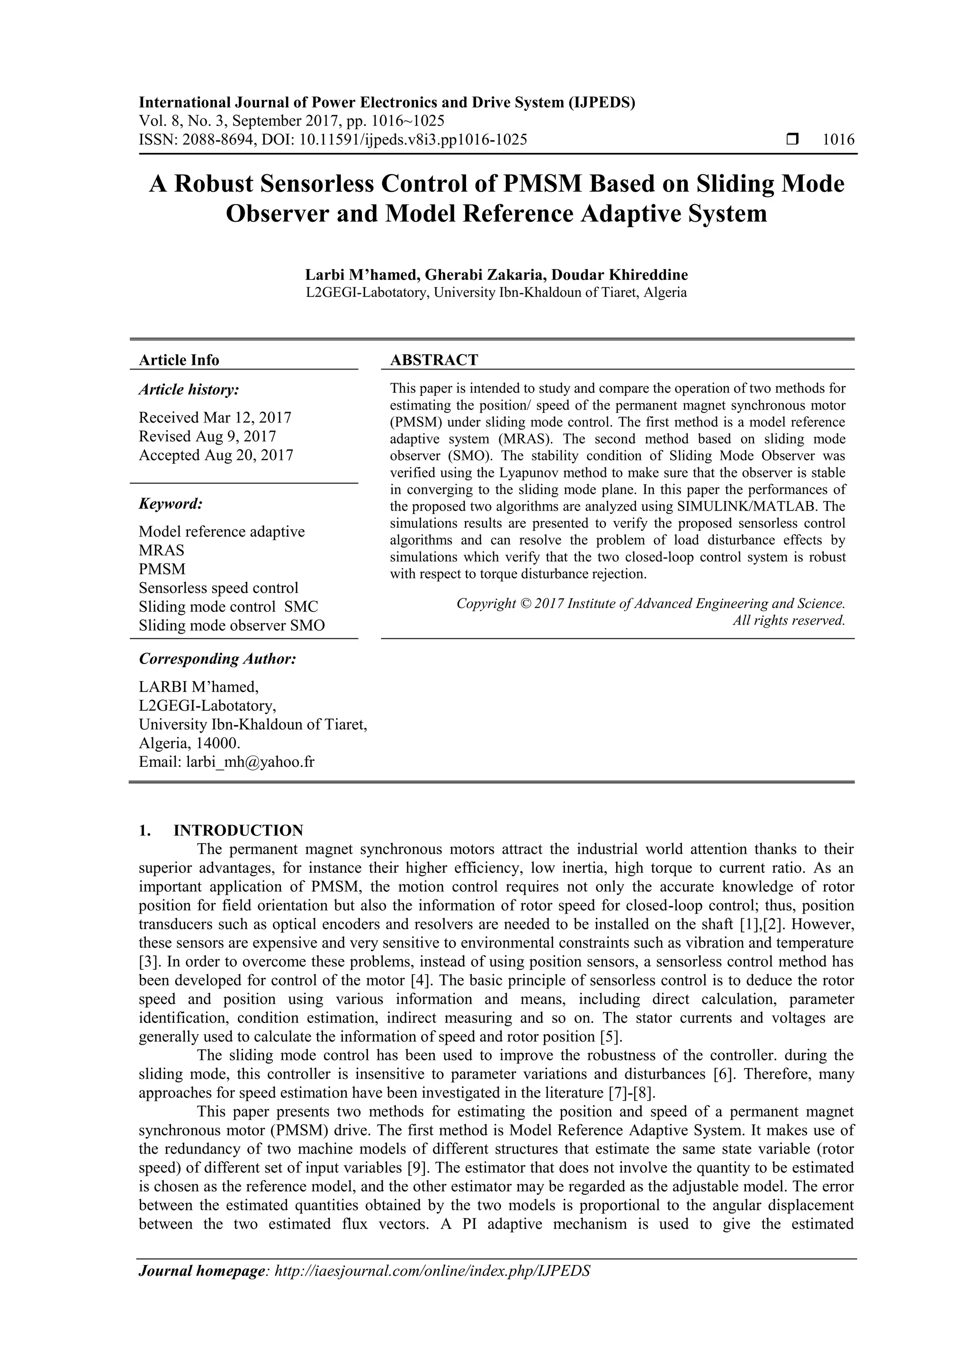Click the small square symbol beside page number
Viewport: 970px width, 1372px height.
(792, 140)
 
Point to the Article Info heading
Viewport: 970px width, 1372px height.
(179, 360)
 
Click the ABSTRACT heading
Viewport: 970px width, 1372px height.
(434, 360)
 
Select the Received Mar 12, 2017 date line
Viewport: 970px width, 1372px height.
(215, 418)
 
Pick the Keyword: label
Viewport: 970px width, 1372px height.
(171, 504)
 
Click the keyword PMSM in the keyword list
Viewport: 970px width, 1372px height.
(162, 569)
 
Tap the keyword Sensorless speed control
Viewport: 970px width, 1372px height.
(218, 588)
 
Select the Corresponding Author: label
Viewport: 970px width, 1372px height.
(217, 659)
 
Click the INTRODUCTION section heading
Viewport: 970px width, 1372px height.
(238, 831)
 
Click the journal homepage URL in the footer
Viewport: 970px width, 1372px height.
(431, 1288)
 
